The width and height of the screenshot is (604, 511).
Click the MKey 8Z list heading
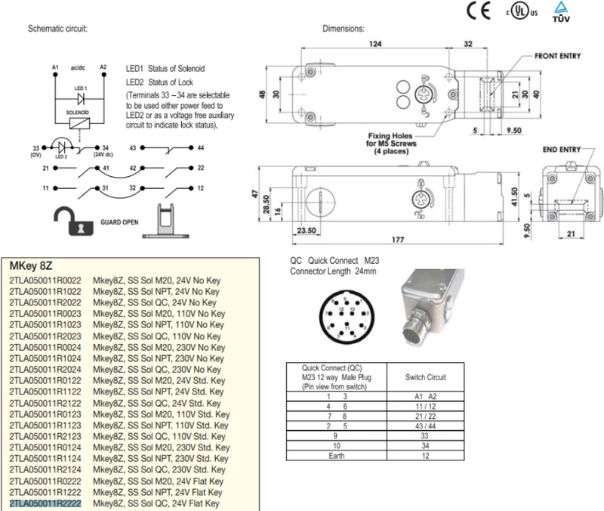(29, 267)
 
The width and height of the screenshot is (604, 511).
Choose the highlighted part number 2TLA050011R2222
(46, 503)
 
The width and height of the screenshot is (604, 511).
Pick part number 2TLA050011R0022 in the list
(46, 280)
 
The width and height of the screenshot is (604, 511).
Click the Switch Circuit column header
(425, 376)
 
